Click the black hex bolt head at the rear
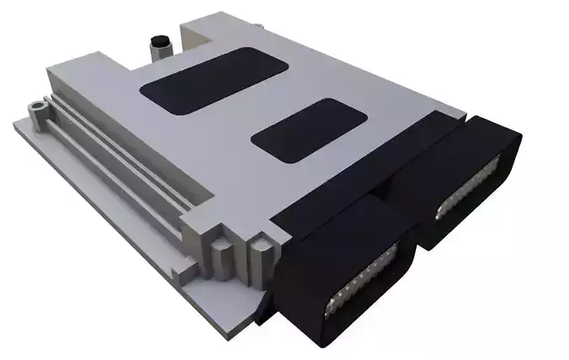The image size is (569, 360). click(x=157, y=40)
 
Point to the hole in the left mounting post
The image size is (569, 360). click(x=35, y=107)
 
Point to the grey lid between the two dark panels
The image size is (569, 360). click(x=253, y=109)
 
